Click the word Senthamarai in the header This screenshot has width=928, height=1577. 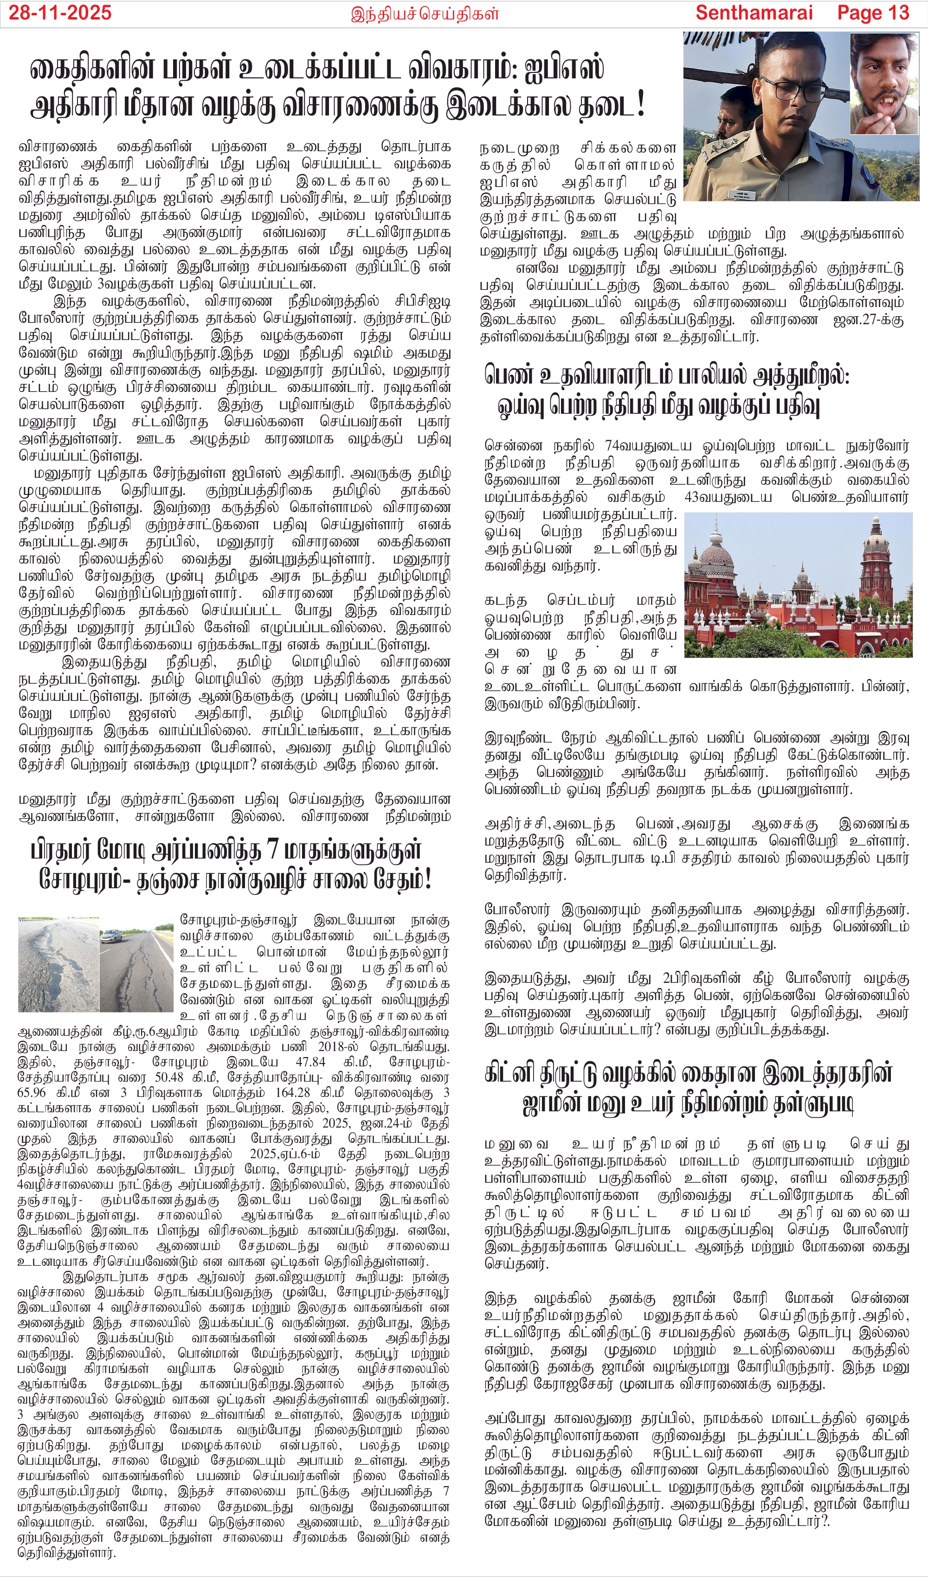pyautogui.click(x=754, y=13)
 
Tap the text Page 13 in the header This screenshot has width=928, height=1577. pyautogui.click(x=872, y=13)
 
